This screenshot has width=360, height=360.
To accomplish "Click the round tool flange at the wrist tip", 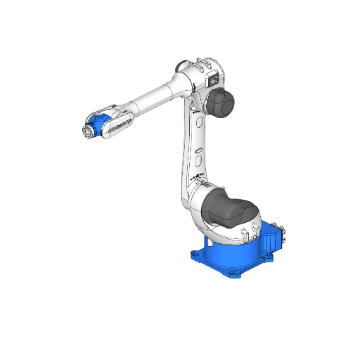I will click(x=87, y=131).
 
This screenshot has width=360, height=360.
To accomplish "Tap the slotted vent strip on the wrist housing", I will click(x=120, y=126).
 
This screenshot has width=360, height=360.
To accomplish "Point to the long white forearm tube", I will click(x=151, y=98).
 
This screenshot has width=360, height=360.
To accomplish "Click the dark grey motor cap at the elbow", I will click(x=220, y=103).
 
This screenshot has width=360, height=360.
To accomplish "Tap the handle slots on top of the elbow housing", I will click(x=205, y=62).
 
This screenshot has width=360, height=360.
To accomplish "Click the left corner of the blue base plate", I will click(x=193, y=252).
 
